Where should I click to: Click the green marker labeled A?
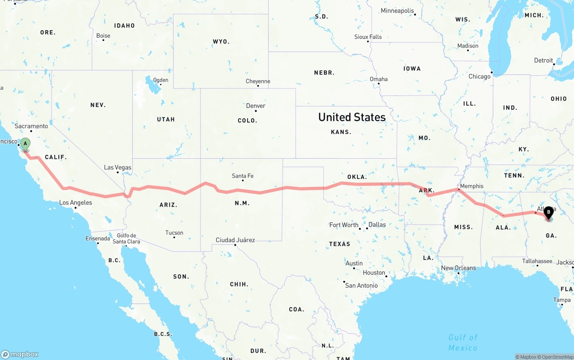click(26, 144)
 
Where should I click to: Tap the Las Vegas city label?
click(117, 167)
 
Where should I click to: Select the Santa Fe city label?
click(243, 176)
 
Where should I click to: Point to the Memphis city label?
click(472, 186)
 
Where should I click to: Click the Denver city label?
click(256, 106)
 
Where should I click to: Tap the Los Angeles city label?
click(76, 203)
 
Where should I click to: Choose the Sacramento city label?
click(31, 126)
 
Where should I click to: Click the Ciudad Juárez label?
click(235, 240)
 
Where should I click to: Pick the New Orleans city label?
click(458, 268)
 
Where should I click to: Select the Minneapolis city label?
click(398, 11)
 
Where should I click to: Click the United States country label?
click(352, 117)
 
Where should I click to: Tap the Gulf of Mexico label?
click(463, 343)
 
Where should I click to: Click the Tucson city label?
click(174, 233)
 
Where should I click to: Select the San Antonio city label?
click(361, 286)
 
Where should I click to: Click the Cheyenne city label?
click(258, 81)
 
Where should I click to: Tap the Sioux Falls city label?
click(368, 37)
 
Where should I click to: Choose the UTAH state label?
click(166, 119)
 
